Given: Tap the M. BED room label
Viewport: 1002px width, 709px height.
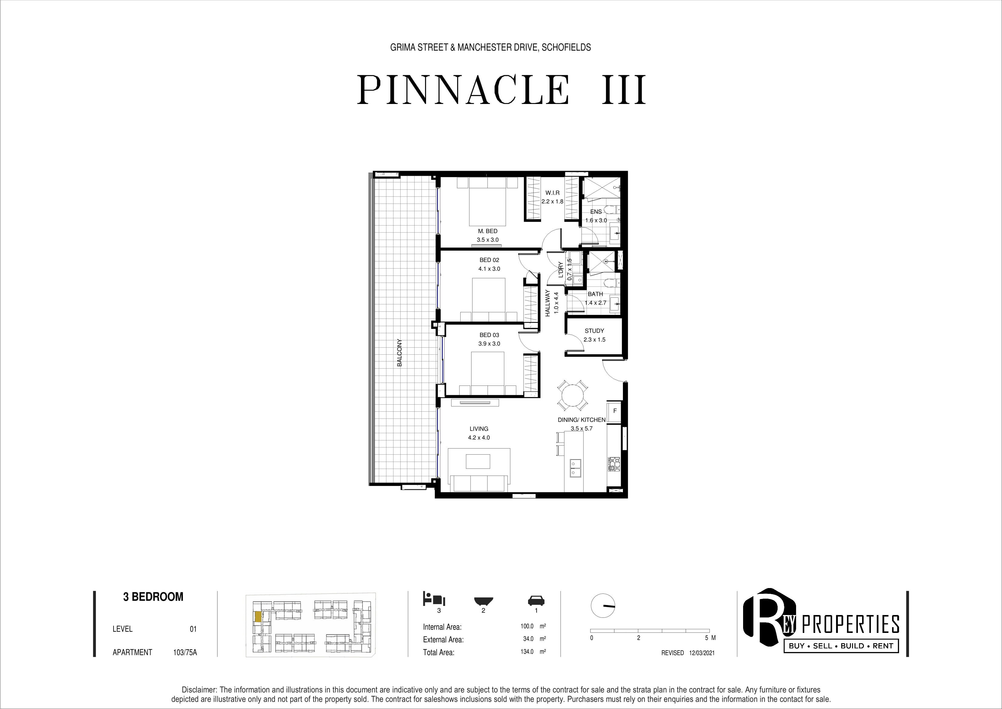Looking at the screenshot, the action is pos(488,231).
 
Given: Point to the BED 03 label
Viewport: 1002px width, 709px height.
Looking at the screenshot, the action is pos(489,335).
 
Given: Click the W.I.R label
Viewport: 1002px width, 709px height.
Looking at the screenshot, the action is pos(553,193).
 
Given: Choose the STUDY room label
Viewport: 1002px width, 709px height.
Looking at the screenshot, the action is pos(594,331).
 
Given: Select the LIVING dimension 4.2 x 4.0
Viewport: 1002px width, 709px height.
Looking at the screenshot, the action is pos(479,438).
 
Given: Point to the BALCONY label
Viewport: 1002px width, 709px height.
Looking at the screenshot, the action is pos(399,353).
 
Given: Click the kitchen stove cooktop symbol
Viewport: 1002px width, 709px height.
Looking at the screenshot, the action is pos(614,463).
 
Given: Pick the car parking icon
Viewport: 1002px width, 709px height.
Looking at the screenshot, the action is pos(536,600).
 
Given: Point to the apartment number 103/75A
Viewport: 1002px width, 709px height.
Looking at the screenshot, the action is pos(185,652).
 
